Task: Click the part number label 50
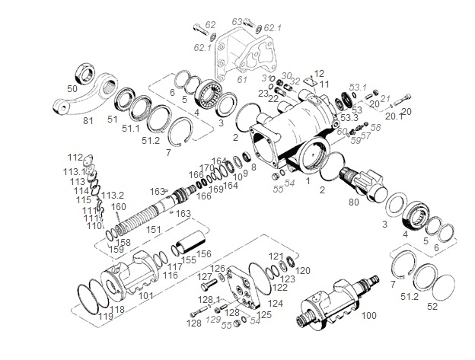(72, 89)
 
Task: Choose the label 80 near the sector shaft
(352, 202)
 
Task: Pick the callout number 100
(368, 314)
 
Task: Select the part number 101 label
(145, 295)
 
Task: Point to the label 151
(154, 228)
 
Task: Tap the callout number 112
(75, 158)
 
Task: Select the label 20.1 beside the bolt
(394, 116)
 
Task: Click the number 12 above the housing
(318, 74)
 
